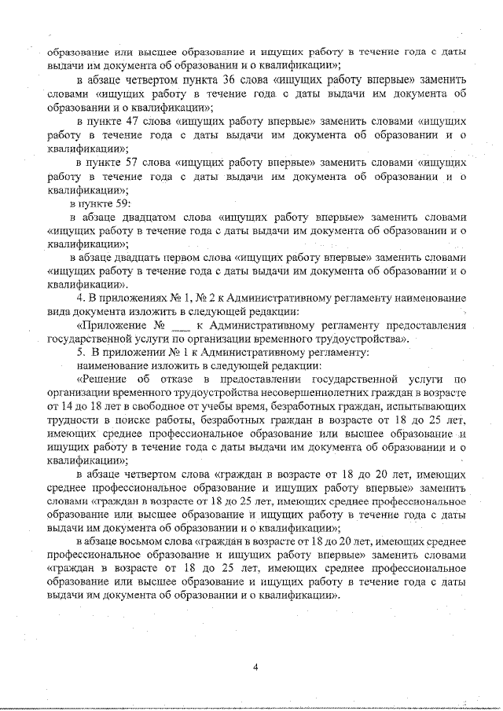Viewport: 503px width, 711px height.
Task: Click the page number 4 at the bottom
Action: pos(256,668)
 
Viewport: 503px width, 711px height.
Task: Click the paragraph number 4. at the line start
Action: pos(80,299)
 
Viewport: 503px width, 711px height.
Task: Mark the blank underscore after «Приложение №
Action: pos(181,326)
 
